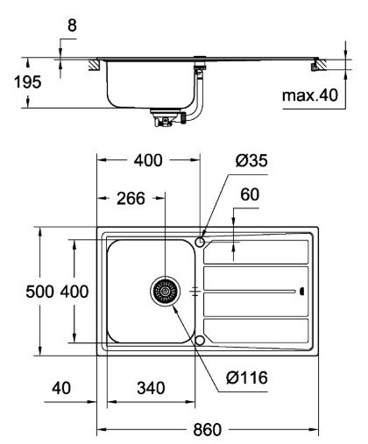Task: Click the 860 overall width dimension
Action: click(x=207, y=429)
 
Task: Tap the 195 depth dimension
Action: click(x=28, y=82)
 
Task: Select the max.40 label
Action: click(x=310, y=95)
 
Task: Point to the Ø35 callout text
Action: click(x=251, y=160)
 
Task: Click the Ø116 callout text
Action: click(x=247, y=377)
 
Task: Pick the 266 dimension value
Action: click(x=131, y=199)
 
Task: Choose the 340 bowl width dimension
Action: click(x=151, y=388)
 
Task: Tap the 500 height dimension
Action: click(x=39, y=292)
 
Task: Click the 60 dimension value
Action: click(x=250, y=194)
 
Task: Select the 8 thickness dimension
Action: click(x=72, y=25)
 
